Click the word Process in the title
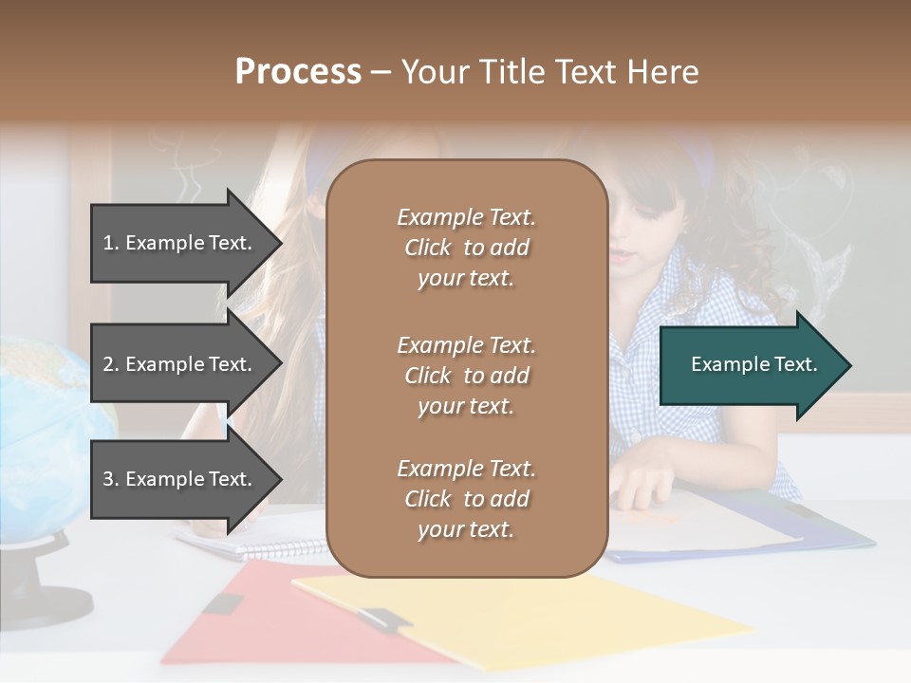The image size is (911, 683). (x=298, y=72)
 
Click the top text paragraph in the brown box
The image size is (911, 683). (x=466, y=248)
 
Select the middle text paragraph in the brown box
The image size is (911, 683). (x=466, y=376)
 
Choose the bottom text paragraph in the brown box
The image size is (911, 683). (x=466, y=499)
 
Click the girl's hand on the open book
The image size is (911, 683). (x=645, y=474)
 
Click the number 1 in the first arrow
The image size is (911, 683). (x=109, y=243)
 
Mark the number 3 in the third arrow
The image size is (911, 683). (x=109, y=479)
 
